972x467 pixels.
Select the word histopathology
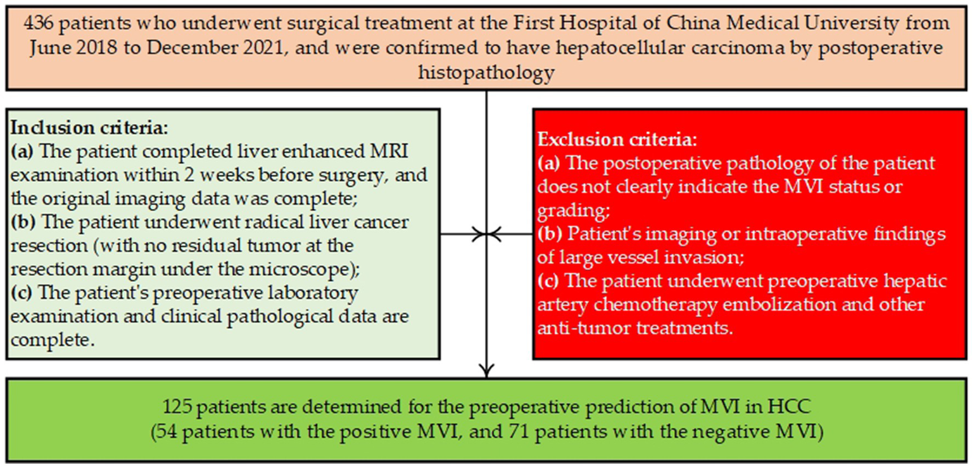pos(486,73)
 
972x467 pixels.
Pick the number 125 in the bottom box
pos(174,406)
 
